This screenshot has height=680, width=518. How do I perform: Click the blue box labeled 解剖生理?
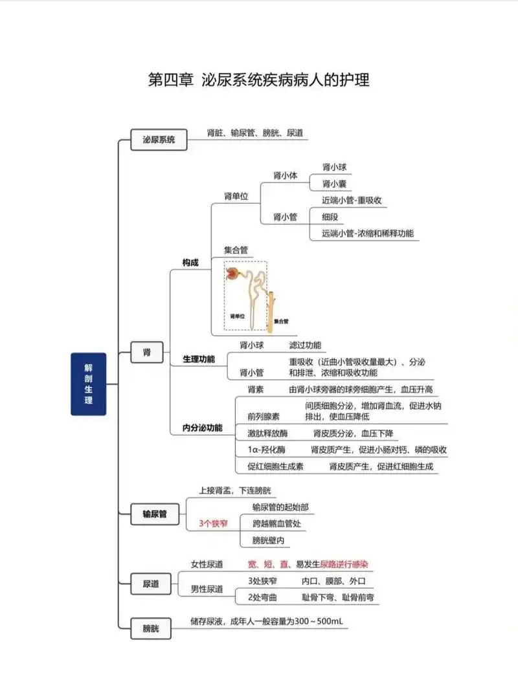click(x=88, y=384)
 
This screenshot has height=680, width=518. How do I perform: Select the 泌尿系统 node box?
click(x=159, y=139)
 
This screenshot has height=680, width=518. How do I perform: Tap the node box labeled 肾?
click(x=147, y=352)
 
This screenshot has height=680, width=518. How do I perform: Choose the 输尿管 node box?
click(x=155, y=514)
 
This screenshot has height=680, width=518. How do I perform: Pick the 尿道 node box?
click(x=150, y=584)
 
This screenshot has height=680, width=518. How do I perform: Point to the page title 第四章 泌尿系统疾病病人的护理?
click(x=259, y=80)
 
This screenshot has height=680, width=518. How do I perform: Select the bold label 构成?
click(x=190, y=262)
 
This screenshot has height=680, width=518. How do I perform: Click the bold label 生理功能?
click(x=199, y=358)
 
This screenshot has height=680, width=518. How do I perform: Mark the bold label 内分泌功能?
click(x=202, y=428)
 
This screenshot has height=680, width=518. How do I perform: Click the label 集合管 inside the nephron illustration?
click(x=280, y=321)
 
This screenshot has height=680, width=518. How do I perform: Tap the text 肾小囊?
click(x=334, y=184)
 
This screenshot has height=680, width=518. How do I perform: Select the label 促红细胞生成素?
click(x=275, y=466)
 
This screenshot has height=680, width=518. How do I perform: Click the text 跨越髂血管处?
click(x=276, y=523)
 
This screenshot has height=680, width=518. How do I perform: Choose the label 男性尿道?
click(x=207, y=589)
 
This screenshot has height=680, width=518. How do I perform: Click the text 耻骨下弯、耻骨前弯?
click(x=338, y=597)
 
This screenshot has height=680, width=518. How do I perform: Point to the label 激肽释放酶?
click(x=267, y=433)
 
